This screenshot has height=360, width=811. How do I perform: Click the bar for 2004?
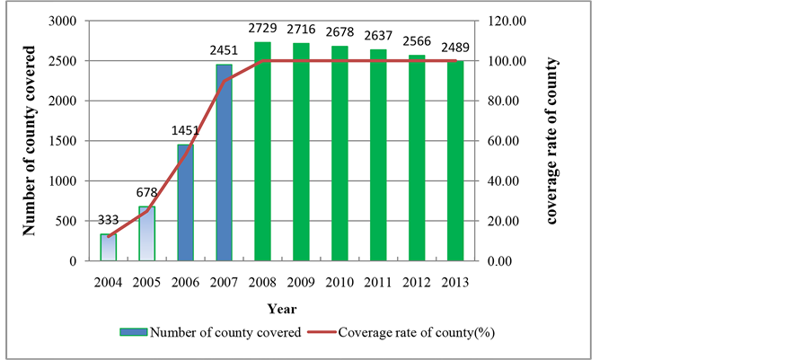[108, 248]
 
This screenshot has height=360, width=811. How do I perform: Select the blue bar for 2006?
[185, 203]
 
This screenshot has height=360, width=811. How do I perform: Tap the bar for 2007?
[224, 162]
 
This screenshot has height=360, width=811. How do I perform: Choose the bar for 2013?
[454, 161]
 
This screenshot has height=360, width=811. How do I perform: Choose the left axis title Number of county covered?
[30, 141]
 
